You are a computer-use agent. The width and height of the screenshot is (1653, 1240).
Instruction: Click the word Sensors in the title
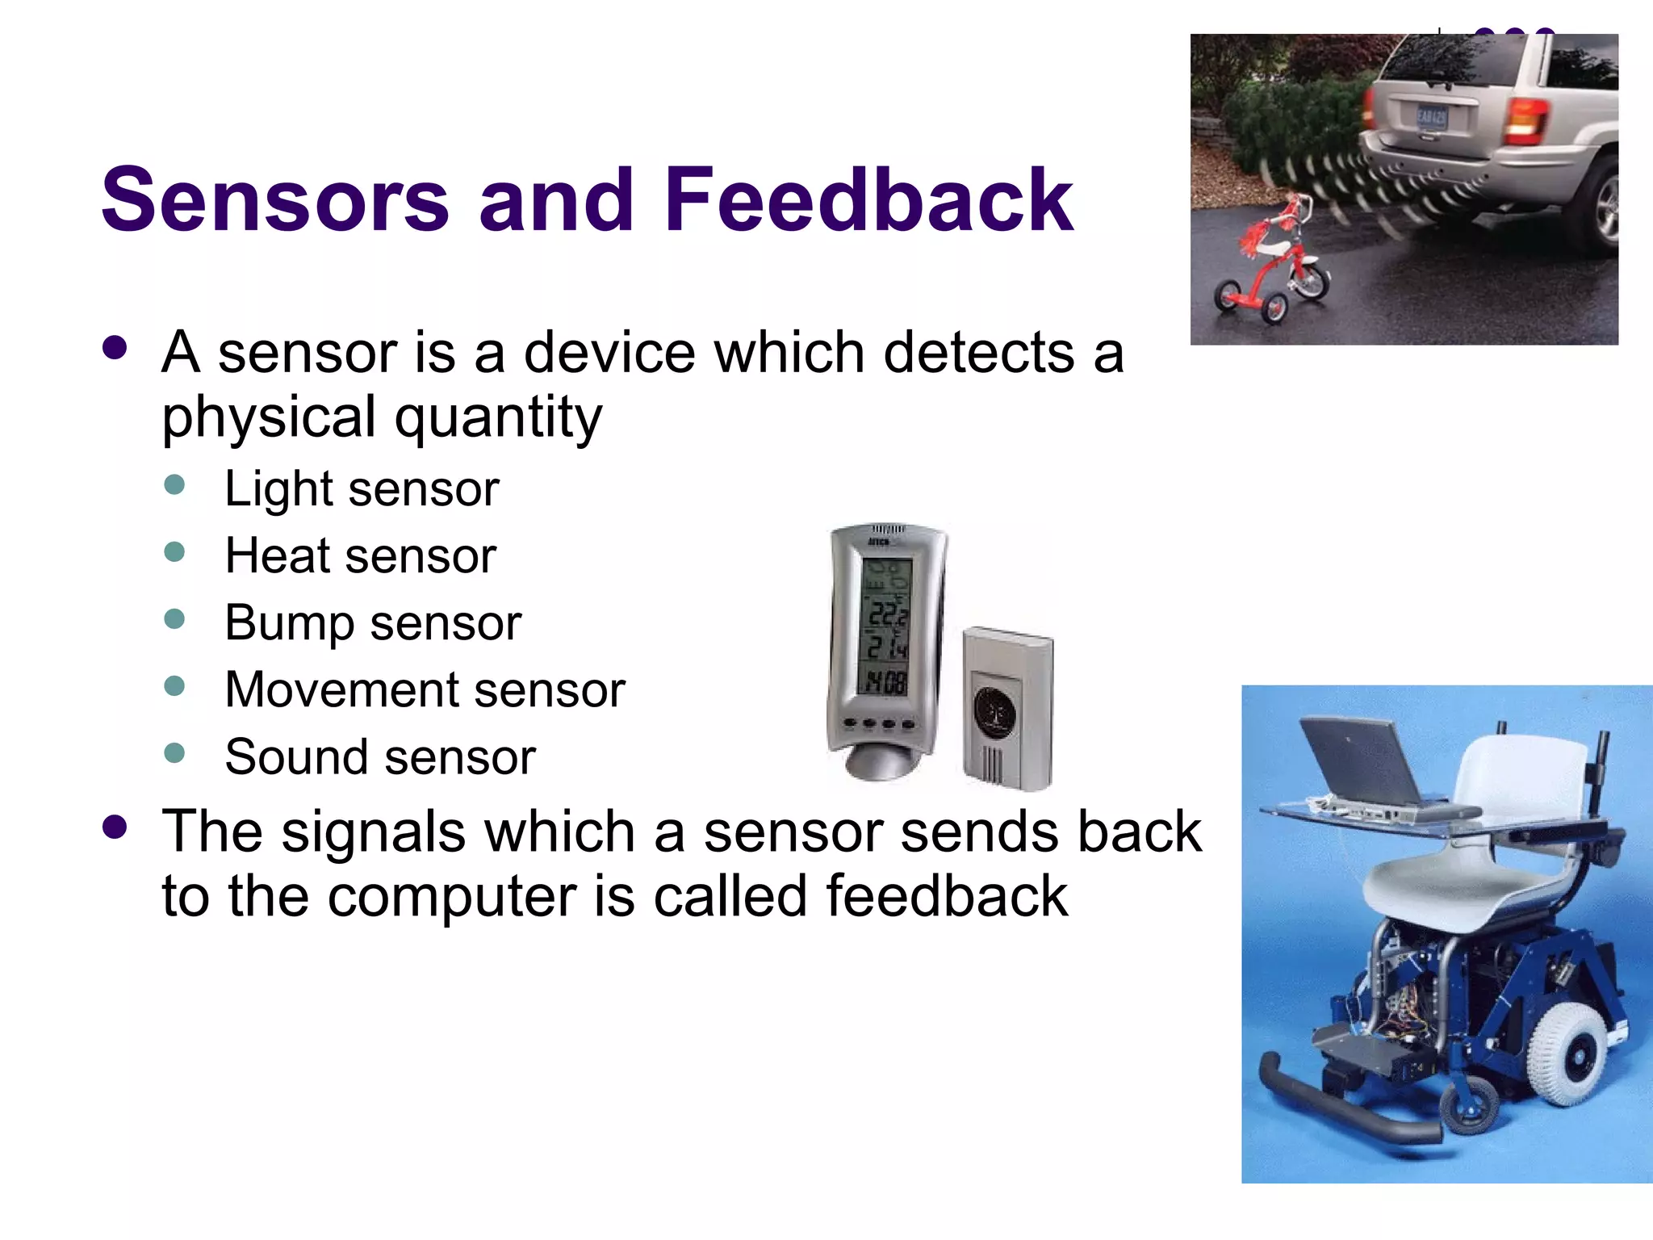(x=275, y=199)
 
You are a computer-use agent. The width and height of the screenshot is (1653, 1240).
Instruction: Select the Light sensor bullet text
(x=362, y=489)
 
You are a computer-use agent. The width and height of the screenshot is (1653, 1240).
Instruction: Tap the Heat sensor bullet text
(x=360, y=556)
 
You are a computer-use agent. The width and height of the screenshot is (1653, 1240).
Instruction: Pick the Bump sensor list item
(x=373, y=623)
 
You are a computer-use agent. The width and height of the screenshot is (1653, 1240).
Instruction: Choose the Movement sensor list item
(x=425, y=690)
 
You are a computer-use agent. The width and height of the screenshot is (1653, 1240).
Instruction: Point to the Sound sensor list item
(x=380, y=757)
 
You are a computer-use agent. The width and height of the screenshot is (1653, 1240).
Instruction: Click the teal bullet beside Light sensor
(x=174, y=484)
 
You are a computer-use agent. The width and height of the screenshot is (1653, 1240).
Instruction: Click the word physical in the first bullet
(x=269, y=417)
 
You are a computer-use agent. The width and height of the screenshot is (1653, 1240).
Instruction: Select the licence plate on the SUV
(x=1431, y=118)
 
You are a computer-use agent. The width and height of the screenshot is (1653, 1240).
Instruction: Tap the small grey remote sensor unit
(x=1008, y=709)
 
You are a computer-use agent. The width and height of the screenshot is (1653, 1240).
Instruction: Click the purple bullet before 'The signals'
(x=115, y=827)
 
